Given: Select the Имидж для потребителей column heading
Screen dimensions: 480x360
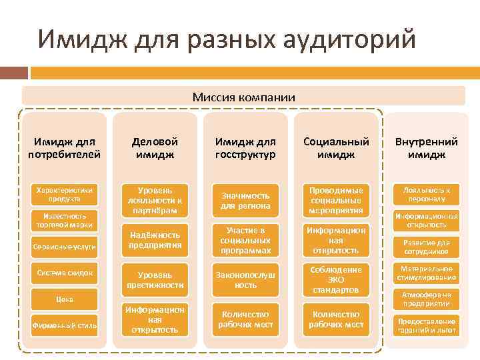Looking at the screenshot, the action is [65, 148].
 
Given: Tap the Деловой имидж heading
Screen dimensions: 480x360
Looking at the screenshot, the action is [155, 148].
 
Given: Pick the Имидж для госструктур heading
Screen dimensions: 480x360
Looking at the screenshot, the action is [245, 148].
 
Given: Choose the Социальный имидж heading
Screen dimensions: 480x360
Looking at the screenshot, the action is [336, 148].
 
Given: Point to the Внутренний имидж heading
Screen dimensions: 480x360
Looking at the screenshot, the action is [426, 148].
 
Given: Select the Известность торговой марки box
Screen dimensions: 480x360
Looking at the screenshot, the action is [65, 221].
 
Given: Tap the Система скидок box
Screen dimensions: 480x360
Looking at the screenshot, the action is [65, 273].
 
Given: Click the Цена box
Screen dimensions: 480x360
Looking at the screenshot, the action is [65, 299].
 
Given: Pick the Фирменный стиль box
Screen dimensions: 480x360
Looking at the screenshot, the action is [65, 325].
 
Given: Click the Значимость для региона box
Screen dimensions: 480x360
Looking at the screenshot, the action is [245, 201].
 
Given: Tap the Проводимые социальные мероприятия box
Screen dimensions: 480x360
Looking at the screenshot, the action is [336, 201].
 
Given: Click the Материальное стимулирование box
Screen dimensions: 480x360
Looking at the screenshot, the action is [426, 273].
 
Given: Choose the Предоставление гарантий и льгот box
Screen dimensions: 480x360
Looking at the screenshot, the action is [426, 325].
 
